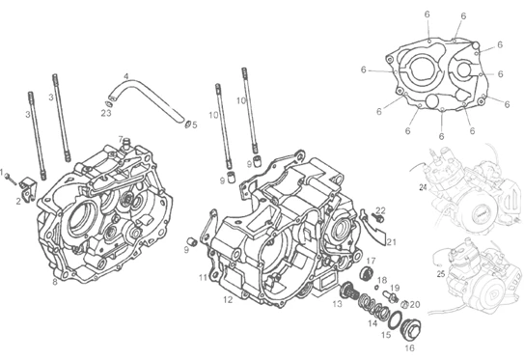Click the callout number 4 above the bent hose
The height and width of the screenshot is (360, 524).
tap(126, 76)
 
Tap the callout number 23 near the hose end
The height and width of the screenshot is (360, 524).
tap(106, 113)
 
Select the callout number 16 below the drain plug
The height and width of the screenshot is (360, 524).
tap(410, 348)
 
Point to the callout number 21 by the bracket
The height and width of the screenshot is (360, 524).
tap(392, 241)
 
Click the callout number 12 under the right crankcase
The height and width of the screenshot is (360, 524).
tap(228, 300)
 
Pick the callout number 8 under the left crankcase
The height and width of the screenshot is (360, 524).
tap(55, 282)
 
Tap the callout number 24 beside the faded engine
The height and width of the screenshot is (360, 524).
tap(423, 187)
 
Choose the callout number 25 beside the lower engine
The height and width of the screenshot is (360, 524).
tap(441, 274)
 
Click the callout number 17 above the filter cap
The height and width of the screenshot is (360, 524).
tap(372, 261)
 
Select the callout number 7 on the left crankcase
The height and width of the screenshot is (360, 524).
tap(121, 139)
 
